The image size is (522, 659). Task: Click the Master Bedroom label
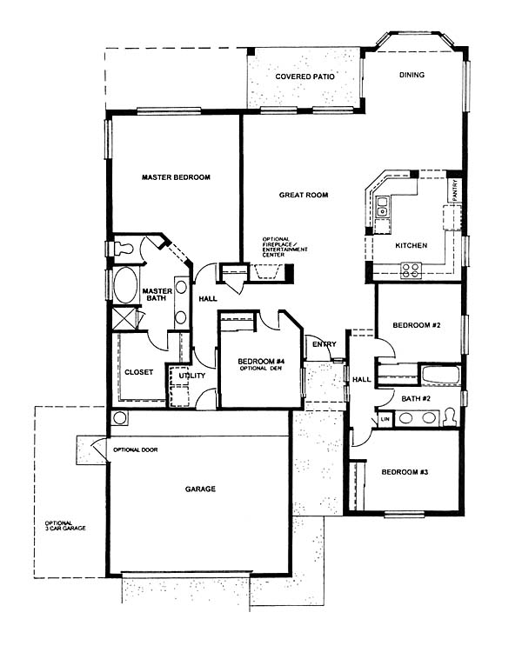tap(176, 177)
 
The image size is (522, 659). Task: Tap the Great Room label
tap(304, 195)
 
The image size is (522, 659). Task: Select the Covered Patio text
tap(305, 77)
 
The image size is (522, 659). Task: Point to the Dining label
tap(412, 75)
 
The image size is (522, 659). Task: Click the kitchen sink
tap(382, 207)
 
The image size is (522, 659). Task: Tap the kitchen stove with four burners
tap(411, 270)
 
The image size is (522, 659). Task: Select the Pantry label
tap(455, 190)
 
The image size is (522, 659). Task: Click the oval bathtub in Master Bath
tap(125, 285)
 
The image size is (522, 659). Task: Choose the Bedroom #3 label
tap(405, 472)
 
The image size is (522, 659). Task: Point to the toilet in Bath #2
tap(450, 417)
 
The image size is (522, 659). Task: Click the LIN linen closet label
tap(385, 419)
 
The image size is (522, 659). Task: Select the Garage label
tap(200, 489)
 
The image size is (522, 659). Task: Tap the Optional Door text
tap(136, 449)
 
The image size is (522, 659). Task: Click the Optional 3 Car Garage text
tap(65, 525)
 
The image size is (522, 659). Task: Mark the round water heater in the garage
tap(120, 418)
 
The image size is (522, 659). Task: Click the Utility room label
tap(192, 376)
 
